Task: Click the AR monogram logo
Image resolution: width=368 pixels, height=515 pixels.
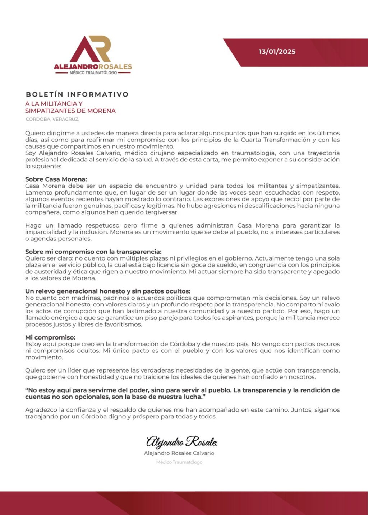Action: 90,49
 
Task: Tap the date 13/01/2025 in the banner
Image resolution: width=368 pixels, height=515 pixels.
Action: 277,52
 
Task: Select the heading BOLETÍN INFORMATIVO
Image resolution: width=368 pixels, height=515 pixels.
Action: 77,94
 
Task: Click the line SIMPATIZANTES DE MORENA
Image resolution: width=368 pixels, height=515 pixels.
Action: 70,111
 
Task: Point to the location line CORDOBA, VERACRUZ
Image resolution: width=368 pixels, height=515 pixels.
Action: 52,119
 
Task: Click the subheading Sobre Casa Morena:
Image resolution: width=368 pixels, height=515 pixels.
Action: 56,179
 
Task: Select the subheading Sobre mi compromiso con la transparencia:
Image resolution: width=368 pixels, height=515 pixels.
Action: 93,252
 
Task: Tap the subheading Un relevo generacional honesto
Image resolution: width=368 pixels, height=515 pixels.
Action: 108,291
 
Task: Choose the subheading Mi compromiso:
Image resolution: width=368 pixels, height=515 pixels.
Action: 50,337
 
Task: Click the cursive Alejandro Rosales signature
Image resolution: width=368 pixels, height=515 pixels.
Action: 181,441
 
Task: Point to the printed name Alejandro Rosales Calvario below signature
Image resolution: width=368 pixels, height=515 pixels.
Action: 179,453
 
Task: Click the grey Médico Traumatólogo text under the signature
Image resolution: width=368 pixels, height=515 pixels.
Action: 179,462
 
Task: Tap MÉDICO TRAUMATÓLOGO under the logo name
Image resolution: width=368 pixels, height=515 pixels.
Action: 93,73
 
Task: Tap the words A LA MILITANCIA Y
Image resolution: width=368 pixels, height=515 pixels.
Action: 54,103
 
